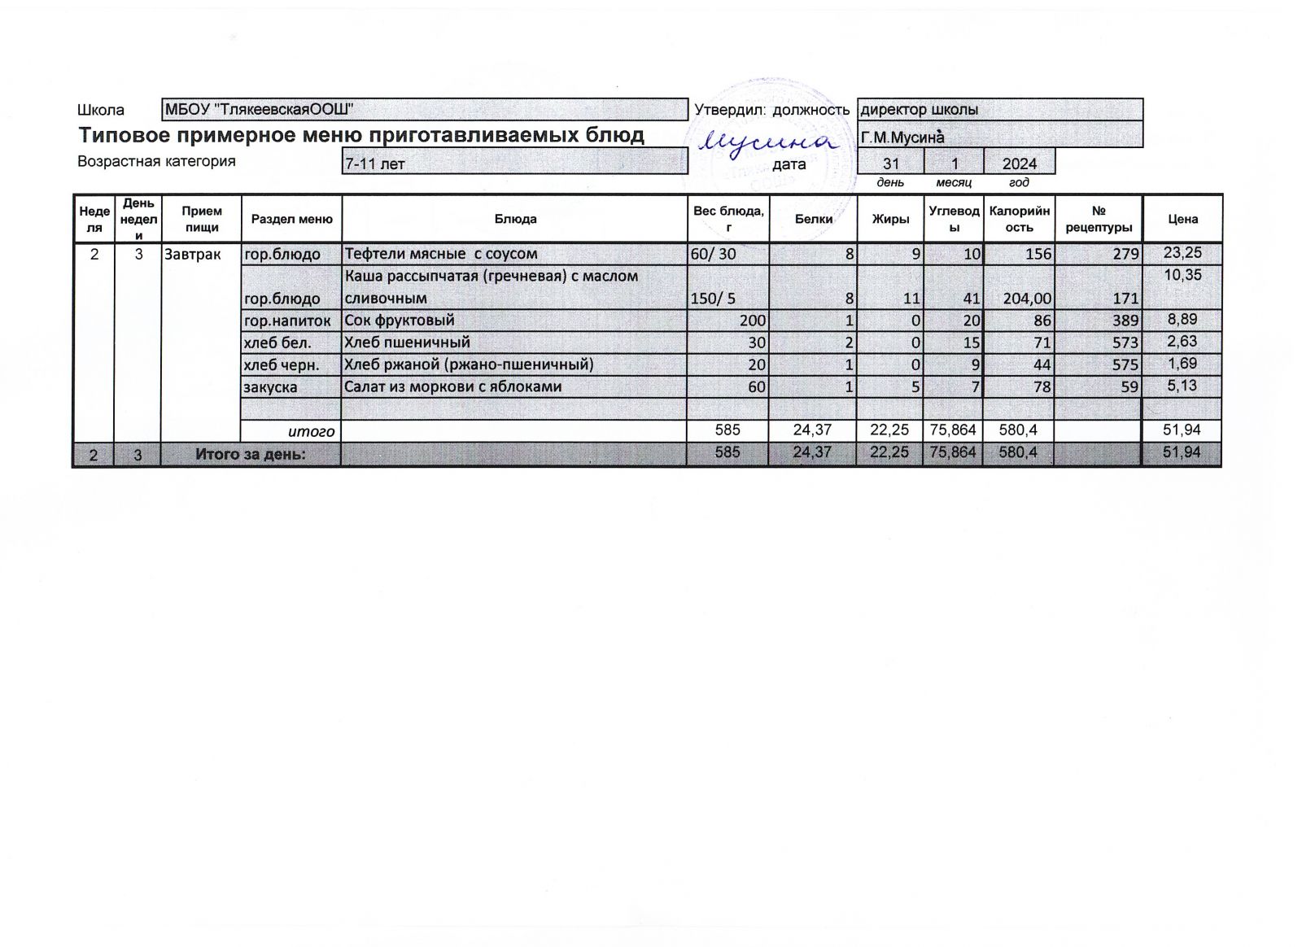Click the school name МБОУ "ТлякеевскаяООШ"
click(259, 110)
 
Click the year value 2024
click(1019, 164)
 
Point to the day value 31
click(891, 164)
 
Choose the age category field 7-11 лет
click(375, 164)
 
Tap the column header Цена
click(1182, 219)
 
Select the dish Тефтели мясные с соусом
click(440, 254)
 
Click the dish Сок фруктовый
click(399, 320)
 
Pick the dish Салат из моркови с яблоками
click(452, 386)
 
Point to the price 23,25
click(1182, 252)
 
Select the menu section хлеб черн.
click(280, 364)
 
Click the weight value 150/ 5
click(713, 299)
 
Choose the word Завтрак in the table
click(192, 254)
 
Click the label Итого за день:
click(251, 454)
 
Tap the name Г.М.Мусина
click(902, 137)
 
